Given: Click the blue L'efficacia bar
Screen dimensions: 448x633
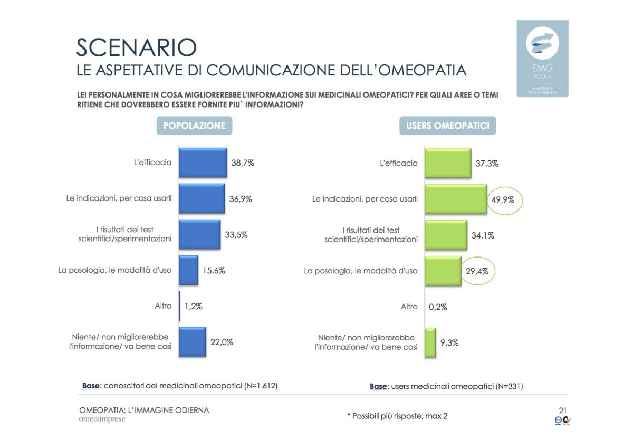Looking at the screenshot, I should click(x=203, y=163).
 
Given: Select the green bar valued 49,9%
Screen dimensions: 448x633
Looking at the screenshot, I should click(x=455, y=199).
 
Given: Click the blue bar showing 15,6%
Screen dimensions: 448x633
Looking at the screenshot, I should click(x=188, y=270).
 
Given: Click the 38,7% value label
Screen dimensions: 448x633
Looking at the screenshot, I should click(x=243, y=163).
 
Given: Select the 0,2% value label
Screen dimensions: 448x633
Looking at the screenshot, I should click(x=438, y=307).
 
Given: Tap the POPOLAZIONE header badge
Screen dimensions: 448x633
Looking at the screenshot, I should click(x=194, y=126).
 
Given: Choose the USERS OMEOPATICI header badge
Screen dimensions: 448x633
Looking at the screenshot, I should click(x=447, y=126).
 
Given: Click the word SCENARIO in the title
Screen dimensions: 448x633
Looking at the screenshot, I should click(x=137, y=47).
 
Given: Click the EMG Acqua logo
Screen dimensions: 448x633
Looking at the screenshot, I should click(x=542, y=58).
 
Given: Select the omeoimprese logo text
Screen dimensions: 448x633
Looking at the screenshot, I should click(x=102, y=420).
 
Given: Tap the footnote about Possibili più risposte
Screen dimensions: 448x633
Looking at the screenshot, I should click(x=397, y=416).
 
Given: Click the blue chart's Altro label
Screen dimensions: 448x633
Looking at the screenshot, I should click(x=164, y=306).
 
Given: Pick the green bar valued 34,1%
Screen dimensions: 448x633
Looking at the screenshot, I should click(x=446, y=235).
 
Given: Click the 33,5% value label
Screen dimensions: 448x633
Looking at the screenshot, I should click(x=236, y=235).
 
